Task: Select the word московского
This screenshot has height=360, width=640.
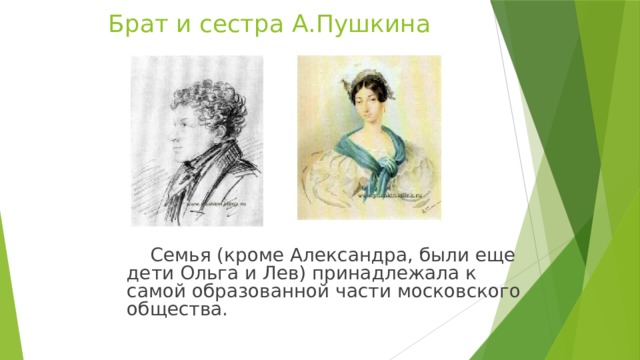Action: pos(461,292)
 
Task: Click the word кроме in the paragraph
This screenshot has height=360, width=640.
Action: pos(245,255)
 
